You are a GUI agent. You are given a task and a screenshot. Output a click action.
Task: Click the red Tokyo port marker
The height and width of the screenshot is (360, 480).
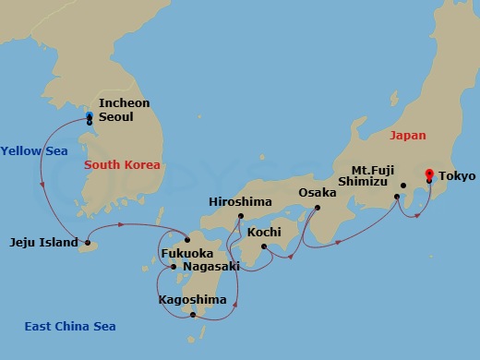[428, 174]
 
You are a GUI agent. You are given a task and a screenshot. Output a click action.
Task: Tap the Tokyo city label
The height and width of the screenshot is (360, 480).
[458, 175]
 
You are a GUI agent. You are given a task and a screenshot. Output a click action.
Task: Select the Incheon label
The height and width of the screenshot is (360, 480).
[124, 103]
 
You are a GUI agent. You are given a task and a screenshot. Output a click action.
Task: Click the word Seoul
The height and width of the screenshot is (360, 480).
[116, 117]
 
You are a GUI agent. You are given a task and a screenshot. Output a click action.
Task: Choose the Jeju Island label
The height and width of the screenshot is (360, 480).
[42, 244]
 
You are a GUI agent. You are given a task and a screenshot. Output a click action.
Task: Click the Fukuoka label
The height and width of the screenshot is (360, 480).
[187, 253]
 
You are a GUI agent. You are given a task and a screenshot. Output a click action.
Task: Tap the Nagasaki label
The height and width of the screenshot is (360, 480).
[211, 267]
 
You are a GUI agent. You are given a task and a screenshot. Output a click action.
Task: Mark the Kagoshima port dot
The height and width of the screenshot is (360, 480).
[193, 315]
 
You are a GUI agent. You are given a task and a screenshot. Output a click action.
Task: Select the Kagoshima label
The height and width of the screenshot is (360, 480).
[192, 300]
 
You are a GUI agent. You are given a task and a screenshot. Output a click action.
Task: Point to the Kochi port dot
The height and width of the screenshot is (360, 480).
[264, 246]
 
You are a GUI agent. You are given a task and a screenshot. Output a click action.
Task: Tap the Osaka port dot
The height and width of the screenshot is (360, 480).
[317, 207]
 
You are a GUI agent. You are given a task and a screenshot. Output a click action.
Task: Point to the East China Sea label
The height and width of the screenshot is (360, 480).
[70, 326]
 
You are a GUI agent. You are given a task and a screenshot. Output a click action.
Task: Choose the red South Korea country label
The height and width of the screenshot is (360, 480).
[122, 165]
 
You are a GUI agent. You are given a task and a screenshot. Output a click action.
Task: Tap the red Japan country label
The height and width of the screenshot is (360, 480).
[408, 135]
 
